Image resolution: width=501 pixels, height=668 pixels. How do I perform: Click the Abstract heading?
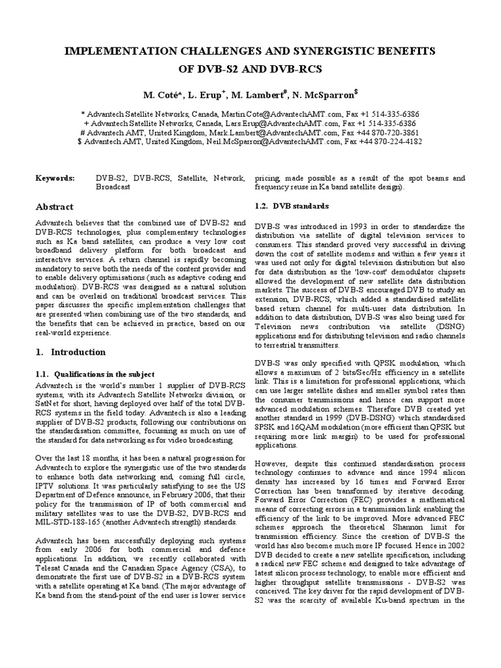[54, 207]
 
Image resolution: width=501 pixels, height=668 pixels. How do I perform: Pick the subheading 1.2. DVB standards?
[292, 206]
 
